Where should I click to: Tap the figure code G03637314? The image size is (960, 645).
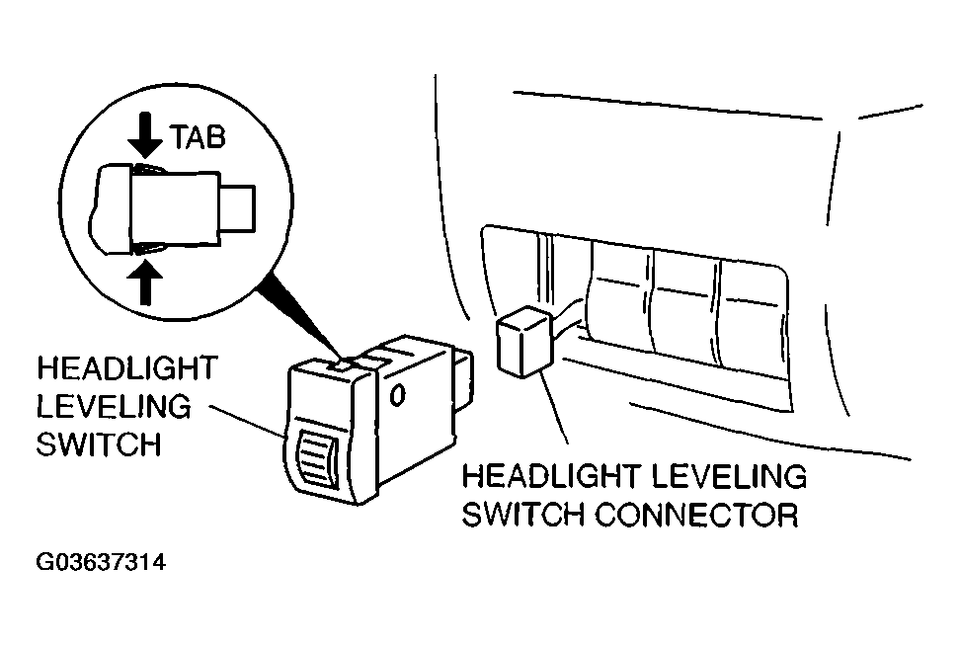(101, 562)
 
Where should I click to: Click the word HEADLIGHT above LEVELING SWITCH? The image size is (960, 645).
(127, 368)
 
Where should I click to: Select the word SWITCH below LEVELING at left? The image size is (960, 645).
(99, 444)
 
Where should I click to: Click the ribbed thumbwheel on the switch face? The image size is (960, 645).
(317, 458)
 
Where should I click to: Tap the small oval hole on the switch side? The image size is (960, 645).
(397, 396)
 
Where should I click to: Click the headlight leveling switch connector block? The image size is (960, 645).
(525, 341)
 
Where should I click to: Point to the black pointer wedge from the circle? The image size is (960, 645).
(299, 318)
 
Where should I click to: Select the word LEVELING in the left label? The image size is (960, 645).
(114, 407)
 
